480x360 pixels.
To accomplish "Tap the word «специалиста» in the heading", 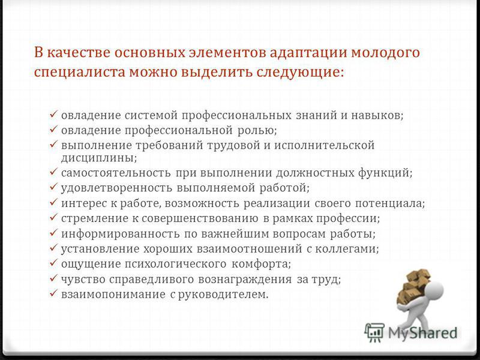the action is tap(80, 72).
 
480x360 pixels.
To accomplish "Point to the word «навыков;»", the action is tap(377, 115).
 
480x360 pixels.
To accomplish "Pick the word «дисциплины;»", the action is tap(99, 158).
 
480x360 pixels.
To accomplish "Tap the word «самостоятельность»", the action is tap(116, 173).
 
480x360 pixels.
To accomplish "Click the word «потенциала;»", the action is tap(390, 203).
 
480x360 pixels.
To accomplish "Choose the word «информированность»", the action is tap(121, 234).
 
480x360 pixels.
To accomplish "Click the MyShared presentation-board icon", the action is tap(374, 332).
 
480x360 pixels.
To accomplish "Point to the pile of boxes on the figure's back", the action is tap(413, 287).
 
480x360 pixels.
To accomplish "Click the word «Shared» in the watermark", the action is tap(432, 333).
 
